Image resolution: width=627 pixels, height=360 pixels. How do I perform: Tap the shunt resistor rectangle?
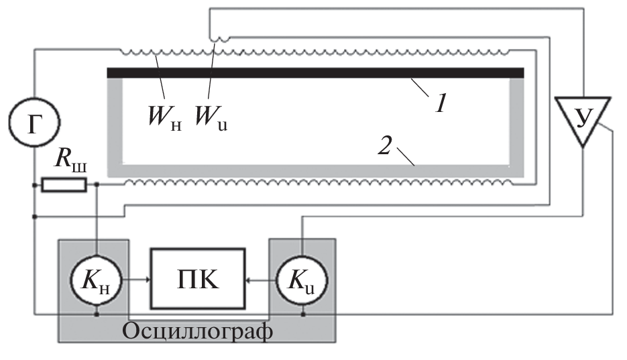tap(64, 184)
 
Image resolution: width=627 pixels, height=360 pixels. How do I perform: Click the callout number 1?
tap(441, 103)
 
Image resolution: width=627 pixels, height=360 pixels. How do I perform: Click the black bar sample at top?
tap(315, 72)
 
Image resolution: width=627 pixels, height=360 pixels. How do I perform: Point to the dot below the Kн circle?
tap(99, 312)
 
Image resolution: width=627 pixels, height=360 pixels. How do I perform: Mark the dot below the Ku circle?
tap(303, 312)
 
